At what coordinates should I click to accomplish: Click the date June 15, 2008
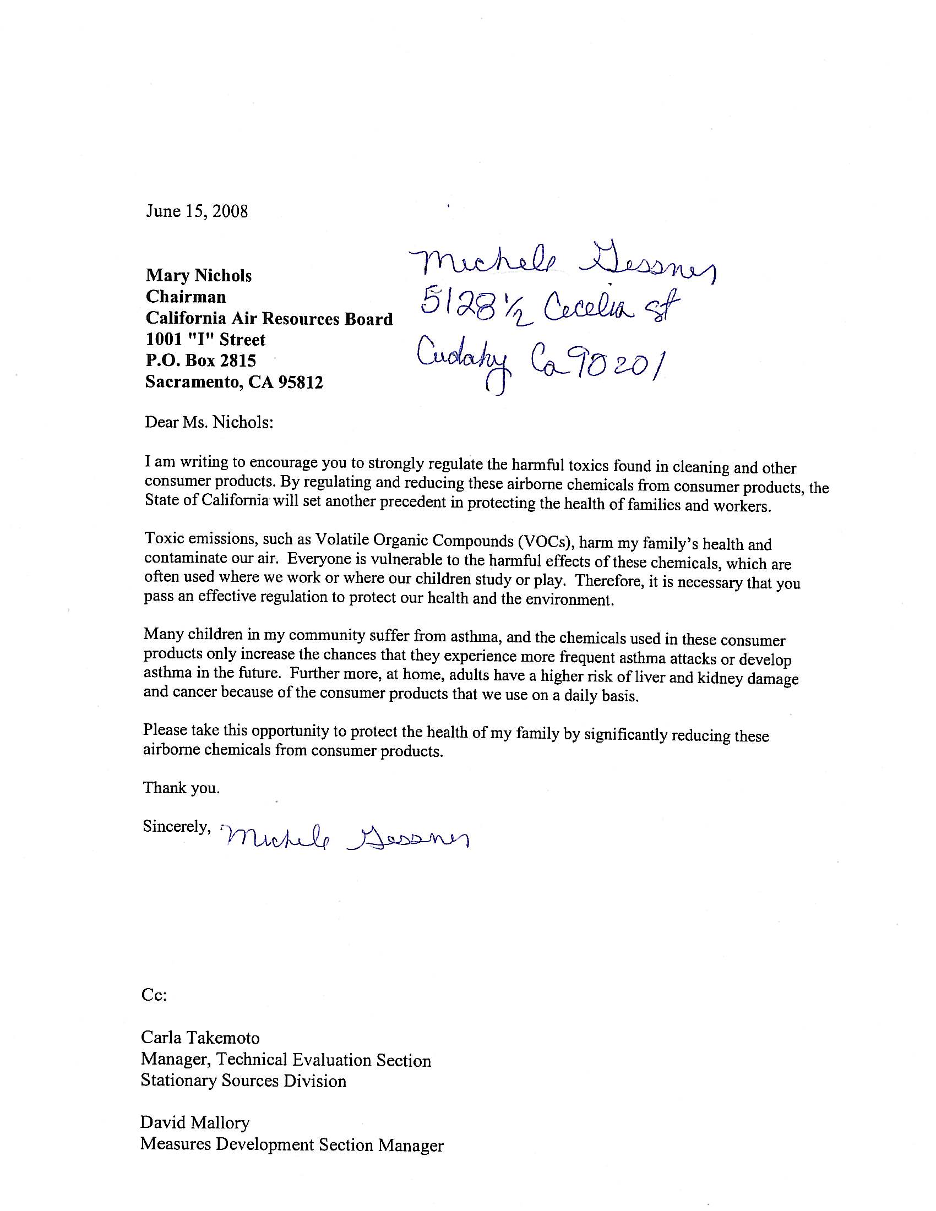(197, 211)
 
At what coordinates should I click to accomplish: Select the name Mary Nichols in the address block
(199, 276)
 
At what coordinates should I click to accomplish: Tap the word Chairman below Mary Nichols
(186, 297)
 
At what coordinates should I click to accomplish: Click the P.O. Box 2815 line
(201, 361)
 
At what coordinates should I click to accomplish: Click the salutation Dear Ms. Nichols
(209, 423)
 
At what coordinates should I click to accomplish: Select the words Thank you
(181, 788)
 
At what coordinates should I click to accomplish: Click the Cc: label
(154, 995)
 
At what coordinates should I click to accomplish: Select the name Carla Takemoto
(200, 1038)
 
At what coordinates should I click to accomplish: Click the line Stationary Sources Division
(243, 1081)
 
